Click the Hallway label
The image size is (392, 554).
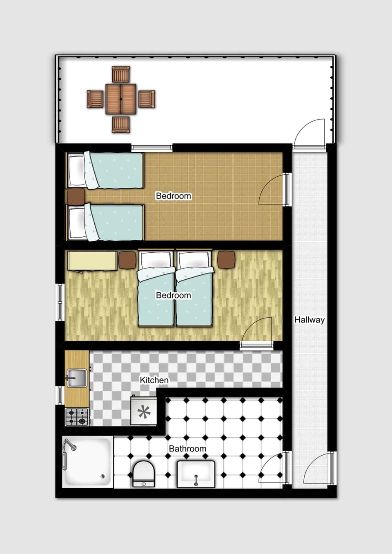(309, 320)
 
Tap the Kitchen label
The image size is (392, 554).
(154, 380)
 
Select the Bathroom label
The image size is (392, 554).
(187, 449)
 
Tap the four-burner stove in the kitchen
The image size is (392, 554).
(77, 417)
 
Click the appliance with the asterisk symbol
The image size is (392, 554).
(143, 411)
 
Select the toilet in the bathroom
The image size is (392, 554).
(143, 474)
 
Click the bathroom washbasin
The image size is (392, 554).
(196, 474)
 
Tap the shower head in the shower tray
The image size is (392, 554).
(71, 445)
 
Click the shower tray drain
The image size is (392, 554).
(103, 476)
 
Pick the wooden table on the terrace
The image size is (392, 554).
(121, 99)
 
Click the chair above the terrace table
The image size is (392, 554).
(121, 74)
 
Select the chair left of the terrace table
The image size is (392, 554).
(95, 99)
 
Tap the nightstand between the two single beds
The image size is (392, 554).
(76, 196)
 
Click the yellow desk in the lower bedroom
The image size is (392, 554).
(92, 261)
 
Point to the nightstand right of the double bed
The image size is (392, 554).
(227, 260)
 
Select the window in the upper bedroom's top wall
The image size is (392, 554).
(151, 147)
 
